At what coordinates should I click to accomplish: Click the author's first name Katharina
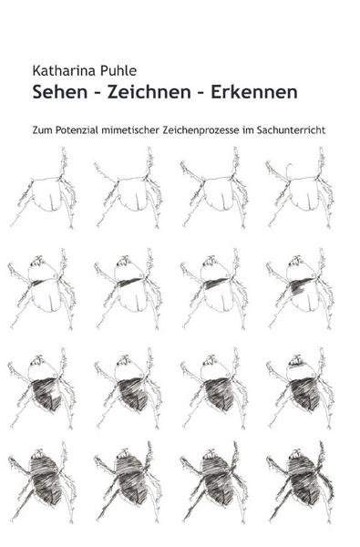tap(60, 71)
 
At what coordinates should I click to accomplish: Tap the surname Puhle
tap(115, 71)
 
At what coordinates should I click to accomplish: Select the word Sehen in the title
tap(59, 92)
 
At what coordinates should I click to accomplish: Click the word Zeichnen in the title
tap(149, 92)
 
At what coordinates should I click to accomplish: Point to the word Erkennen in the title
tap(254, 92)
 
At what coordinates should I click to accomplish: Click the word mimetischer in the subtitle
tap(130, 130)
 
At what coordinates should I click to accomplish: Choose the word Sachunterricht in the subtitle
tap(291, 130)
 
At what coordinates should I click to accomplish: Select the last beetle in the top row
tap(300, 189)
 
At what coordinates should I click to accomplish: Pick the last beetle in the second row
tap(300, 289)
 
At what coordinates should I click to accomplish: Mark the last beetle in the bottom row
tap(300, 482)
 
